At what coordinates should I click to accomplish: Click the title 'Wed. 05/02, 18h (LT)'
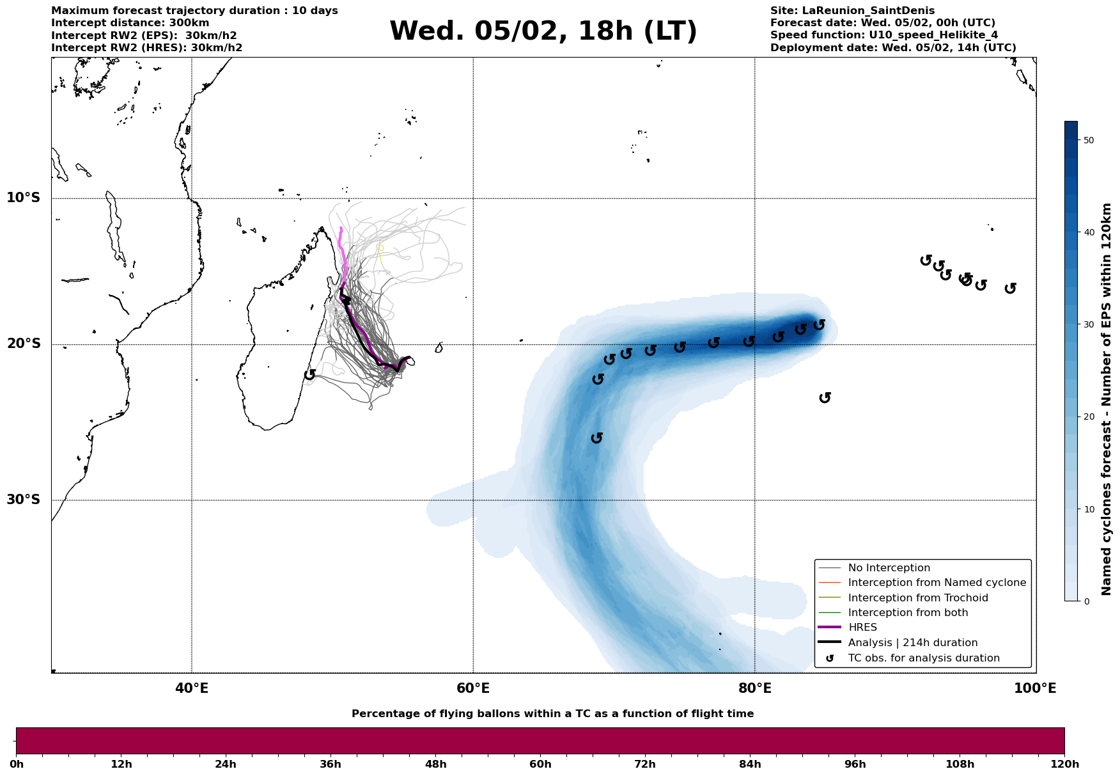(x=543, y=31)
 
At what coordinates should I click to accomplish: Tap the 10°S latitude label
(x=24, y=198)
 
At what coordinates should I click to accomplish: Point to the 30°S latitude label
(x=24, y=500)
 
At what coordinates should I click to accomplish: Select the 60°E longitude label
(x=473, y=689)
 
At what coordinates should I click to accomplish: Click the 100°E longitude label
(x=1035, y=689)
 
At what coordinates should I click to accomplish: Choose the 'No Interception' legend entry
(x=889, y=568)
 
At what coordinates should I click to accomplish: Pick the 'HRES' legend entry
(x=862, y=628)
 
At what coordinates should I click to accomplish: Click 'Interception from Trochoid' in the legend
(x=918, y=598)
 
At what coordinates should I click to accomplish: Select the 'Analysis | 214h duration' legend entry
(x=913, y=643)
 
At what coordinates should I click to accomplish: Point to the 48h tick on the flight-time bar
(x=435, y=764)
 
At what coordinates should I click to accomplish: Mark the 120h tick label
(x=1064, y=764)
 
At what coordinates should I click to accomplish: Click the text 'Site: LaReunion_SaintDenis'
(x=852, y=11)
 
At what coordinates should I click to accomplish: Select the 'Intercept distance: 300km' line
(x=130, y=23)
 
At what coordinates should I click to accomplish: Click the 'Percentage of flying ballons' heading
(x=552, y=714)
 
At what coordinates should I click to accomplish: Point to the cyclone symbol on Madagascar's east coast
(x=310, y=374)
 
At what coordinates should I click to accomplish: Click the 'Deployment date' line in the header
(x=893, y=48)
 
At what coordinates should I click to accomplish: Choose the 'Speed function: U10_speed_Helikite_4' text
(x=884, y=35)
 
